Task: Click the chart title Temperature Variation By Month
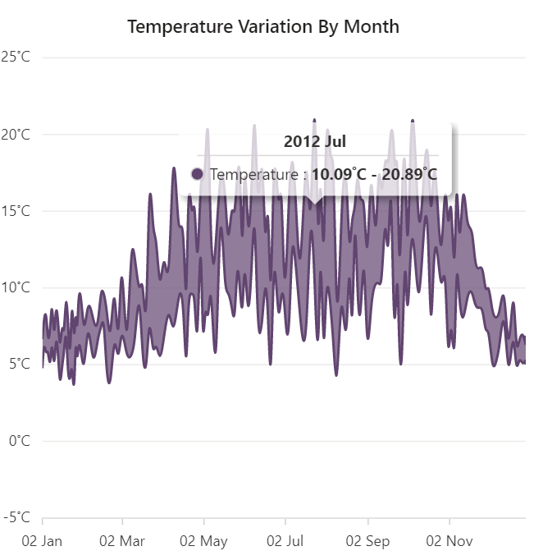tap(263, 26)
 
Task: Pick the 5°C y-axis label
tap(18, 364)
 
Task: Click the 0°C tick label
tap(18, 441)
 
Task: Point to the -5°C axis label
tap(16, 517)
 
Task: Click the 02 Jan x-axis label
tap(42, 542)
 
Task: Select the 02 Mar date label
tap(122, 542)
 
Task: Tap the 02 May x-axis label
tap(204, 542)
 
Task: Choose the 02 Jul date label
tap(285, 542)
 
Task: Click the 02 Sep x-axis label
tap(368, 542)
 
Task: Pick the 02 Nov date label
tap(449, 542)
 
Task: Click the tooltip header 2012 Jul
tap(315, 141)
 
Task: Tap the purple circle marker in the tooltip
tap(197, 174)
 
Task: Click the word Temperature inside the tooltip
tap(253, 174)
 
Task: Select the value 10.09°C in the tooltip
tap(340, 174)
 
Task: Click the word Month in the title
tap(373, 26)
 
